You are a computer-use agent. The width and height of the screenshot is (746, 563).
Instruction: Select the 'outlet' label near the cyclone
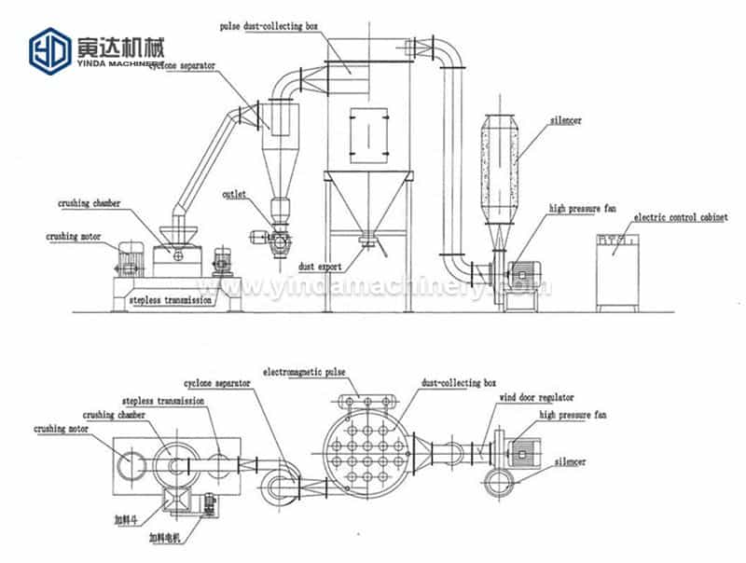coord(234,195)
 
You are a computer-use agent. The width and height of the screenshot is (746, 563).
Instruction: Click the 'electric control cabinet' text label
coord(670,217)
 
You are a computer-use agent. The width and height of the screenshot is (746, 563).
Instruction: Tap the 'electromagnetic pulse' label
coord(304,372)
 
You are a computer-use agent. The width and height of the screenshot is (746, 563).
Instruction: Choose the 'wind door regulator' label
coord(537,397)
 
